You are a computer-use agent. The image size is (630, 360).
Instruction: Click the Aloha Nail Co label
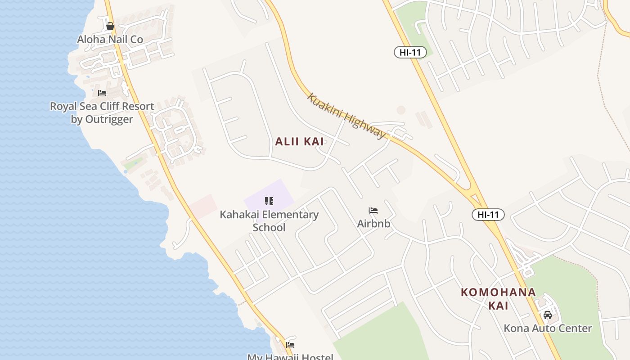[110, 40]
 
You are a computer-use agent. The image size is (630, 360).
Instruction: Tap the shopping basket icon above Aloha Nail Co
[110, 26]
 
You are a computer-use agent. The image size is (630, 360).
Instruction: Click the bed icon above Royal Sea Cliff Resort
[102, 93]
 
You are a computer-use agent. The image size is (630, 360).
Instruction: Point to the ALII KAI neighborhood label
[300, 142]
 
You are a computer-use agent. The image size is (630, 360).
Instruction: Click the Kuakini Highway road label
[346, 116]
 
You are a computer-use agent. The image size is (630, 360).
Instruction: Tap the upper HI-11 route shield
[410, 52]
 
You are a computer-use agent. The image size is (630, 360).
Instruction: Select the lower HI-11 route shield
[488, 215]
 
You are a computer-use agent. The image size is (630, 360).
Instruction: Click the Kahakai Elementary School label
[269, 220]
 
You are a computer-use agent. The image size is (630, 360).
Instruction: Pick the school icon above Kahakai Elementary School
[269, 201]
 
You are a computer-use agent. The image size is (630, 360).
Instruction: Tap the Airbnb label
[373, 223]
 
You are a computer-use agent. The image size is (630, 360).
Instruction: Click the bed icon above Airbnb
[373, 210]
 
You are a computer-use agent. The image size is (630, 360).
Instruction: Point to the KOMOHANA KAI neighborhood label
[498, 299]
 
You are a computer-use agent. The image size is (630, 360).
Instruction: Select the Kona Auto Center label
[548, 328]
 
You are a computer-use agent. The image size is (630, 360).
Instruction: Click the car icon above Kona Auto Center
[548, 315]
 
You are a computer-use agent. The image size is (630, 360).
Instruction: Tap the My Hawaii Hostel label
[290, 357]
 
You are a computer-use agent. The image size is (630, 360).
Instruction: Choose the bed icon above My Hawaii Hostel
[290, 345]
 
